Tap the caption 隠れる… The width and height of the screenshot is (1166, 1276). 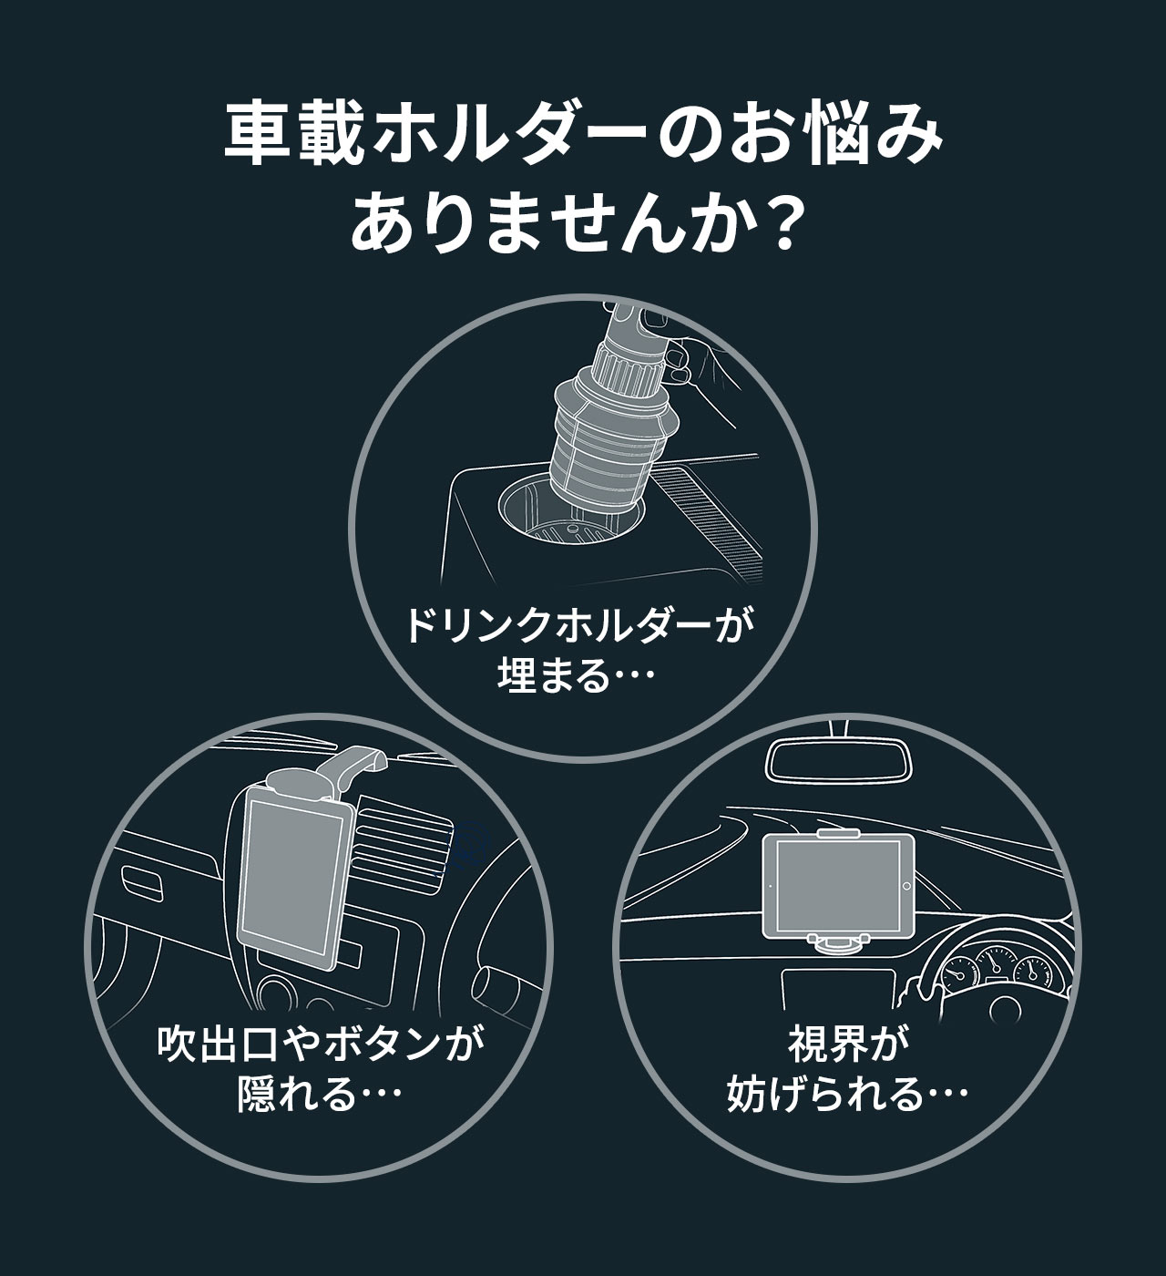pyautogui.click(x=319, y=1095)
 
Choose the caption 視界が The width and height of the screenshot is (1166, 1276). pyautogui.click(x=848, y=1045)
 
